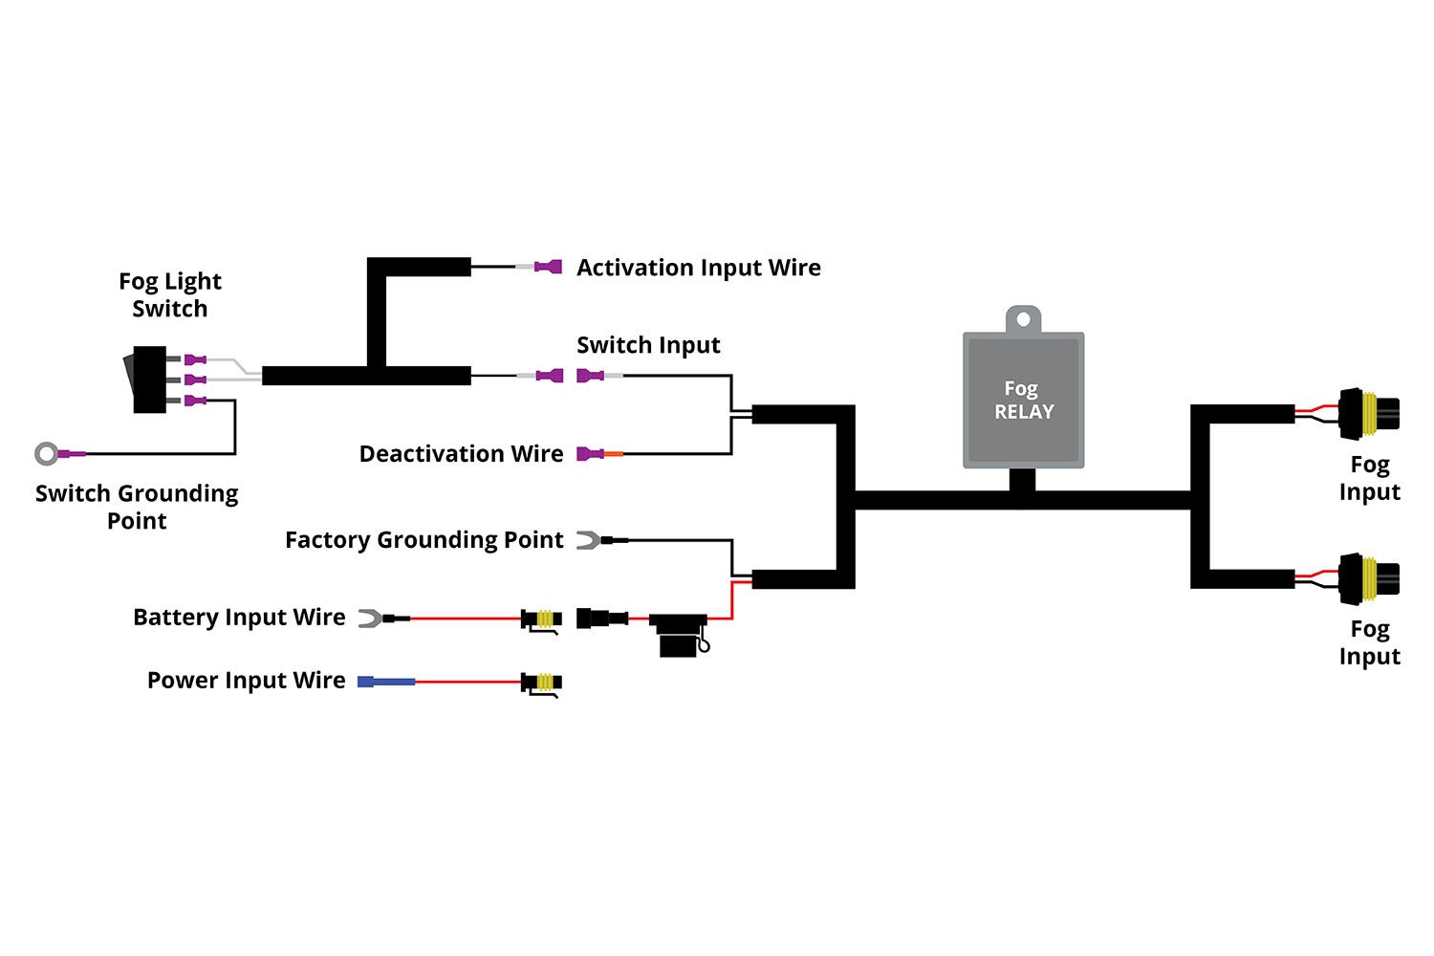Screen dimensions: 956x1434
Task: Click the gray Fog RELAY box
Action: click(x=1023, y=400)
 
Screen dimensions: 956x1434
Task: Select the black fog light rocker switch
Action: click(x=146, y=380)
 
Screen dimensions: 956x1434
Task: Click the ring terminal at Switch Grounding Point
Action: click(x=47, y=453)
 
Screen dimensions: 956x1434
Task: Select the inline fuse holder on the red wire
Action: click(x=680, y=633)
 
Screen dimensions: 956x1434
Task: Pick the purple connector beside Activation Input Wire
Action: click(x=548, y=267)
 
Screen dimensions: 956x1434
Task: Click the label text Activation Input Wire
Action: click(x=698, y=268)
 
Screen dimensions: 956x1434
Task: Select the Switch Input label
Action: click(x=648, y=345)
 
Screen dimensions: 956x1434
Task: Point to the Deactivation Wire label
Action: click(x=461, y=454)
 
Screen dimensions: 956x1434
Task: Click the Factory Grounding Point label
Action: click(x=424, y=540)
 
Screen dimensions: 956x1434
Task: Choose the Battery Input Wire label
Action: click(x=239, y=618)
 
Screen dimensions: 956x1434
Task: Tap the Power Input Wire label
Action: click(x=246, y=681)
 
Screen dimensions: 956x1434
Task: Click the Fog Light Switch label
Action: click(x=169, y=294)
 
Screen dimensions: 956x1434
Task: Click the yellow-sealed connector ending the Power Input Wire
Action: click(x=542, y=683)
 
